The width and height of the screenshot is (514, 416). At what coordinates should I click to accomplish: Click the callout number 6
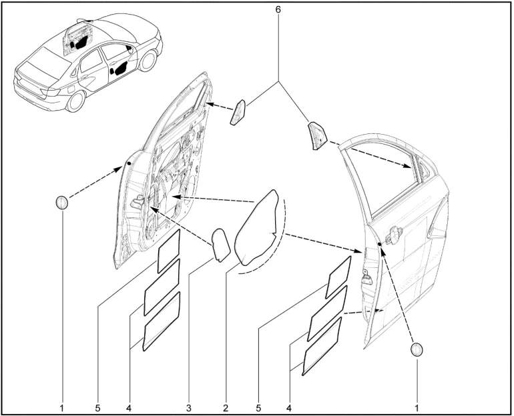[278, 9]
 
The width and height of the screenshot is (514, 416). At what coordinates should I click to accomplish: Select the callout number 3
[188, 408]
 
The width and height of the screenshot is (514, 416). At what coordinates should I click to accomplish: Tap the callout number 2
[226, 408]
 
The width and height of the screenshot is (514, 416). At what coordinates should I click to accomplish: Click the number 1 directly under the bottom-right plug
[417, 408]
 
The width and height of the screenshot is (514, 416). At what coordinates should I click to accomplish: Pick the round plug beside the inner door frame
[61, 203]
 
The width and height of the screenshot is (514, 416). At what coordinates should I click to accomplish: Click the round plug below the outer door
[417, 349]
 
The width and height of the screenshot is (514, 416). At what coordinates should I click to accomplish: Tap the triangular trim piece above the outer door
[316, 135]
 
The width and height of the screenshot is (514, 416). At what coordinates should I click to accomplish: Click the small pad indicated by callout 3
[220, 245]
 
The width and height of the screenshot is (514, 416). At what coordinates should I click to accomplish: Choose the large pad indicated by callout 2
[258, 227]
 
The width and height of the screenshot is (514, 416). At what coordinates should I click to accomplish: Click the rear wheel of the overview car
[75, 101]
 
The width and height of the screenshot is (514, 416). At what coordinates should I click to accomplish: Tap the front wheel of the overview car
[147, 61]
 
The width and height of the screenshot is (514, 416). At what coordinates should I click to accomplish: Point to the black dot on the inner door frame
[129, 163]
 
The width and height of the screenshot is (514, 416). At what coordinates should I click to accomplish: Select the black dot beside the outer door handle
[379, 244]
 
